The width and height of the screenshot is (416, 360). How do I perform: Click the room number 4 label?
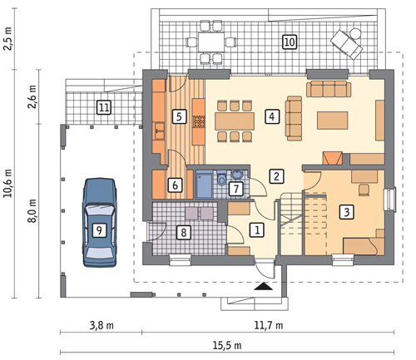coord(272,116)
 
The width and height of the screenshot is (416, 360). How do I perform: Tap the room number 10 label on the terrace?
coord(290,42)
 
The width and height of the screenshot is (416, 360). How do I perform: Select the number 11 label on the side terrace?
coord(104,107)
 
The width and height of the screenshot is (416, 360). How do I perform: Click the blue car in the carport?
coord(99,223)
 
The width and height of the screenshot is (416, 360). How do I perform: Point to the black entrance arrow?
coord(264,286)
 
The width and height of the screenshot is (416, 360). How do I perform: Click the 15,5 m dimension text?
coord(227,345)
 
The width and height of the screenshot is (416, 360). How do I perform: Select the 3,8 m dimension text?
coord(102,325)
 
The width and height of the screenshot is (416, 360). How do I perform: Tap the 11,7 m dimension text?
coord(269,325)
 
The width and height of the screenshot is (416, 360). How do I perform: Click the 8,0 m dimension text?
coord(32,210)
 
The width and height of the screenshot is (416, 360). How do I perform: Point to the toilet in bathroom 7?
coord(221,179)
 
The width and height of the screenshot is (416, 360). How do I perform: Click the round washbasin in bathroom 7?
coord(237,175)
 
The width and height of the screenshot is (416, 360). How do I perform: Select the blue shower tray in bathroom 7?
coord(205,184)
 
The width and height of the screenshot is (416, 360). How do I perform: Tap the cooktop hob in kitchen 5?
coord(199,121)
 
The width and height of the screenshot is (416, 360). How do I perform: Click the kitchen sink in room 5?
coord(160,131)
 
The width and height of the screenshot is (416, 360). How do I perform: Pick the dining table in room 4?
coord(235,121)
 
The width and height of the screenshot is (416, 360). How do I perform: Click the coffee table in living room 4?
coord(333,121)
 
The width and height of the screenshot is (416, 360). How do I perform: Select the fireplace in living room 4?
coord(332,158)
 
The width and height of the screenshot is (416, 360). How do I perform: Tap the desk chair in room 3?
coord(364,190)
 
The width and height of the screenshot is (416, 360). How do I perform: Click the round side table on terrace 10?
coord(355,33)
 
